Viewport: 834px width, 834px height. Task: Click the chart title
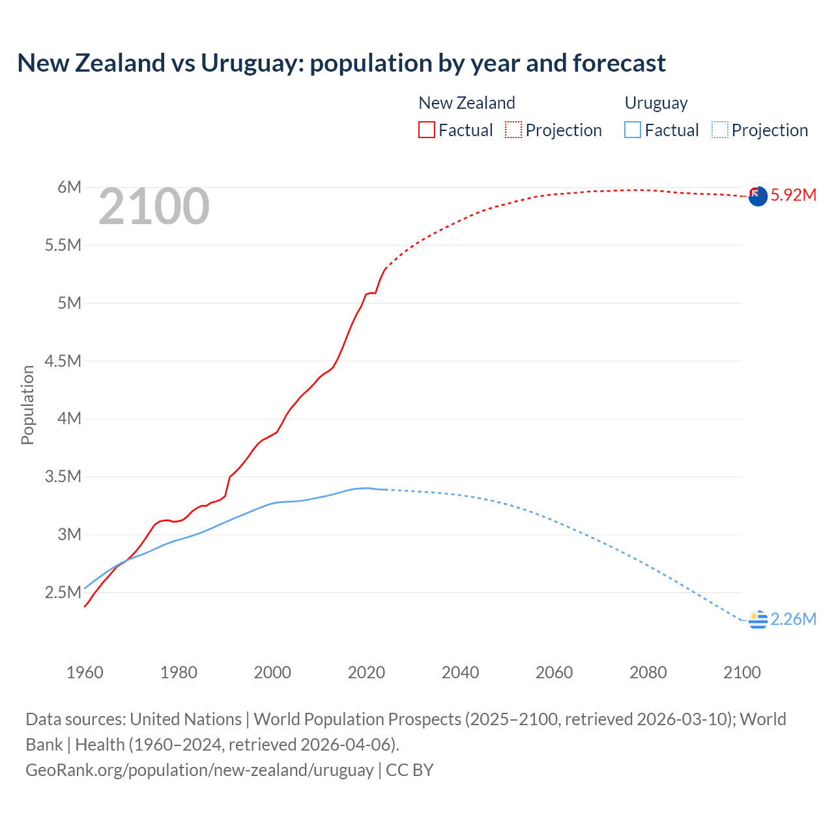point(341,63)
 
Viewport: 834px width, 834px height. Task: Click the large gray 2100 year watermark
point(154,207)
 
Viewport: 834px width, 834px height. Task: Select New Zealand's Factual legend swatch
point(426,130)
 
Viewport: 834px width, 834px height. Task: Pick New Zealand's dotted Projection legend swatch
point(513,130)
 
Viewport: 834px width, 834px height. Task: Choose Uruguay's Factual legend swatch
point(632,130)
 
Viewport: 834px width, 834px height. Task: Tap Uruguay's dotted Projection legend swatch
point(719,130)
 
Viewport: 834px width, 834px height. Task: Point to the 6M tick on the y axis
point(69,188)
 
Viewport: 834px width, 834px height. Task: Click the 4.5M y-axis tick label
point(63,361)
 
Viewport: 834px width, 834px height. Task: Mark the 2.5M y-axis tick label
point(63,592)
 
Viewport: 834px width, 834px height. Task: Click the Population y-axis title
point(27,405)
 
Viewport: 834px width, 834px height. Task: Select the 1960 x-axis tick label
point(85,672)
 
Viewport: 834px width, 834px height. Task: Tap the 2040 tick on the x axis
point(460,672)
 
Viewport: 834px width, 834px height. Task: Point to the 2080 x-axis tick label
point(648,672)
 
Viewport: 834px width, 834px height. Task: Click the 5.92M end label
point(793,195)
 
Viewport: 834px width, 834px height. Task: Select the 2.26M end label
point(793,619)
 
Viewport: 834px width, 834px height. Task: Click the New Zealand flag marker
point(758,196)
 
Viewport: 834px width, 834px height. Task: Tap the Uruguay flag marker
point(758,620)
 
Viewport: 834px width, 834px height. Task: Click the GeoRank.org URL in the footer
point(199,769)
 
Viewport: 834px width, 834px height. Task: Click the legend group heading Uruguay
point(656,103)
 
